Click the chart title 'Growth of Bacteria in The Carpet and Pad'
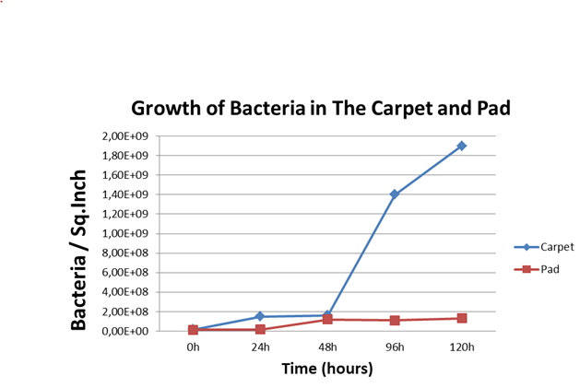coord(321,109)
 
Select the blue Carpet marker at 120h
coord(462,147)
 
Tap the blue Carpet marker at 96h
coord(395,194)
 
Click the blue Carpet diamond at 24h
coord(260,316)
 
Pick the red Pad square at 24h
coord(260,329)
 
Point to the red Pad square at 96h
coord(395,321)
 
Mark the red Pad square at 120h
coord(462,318)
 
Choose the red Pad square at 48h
coord(327,319)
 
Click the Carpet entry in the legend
coord(544,247)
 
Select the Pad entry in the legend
coord(537,269)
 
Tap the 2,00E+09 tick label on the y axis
coord(125,136)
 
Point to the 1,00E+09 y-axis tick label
coord(125,233)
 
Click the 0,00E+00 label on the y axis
coord(125,331)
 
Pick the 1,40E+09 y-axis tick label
coord(125,194)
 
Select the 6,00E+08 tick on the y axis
coord(125,272)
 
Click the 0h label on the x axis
coord(193,347)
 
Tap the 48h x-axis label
coord(327,347)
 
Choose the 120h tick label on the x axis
coord(462,347)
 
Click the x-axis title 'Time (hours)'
coord(327,369)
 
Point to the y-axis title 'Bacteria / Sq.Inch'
coord(78,250)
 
